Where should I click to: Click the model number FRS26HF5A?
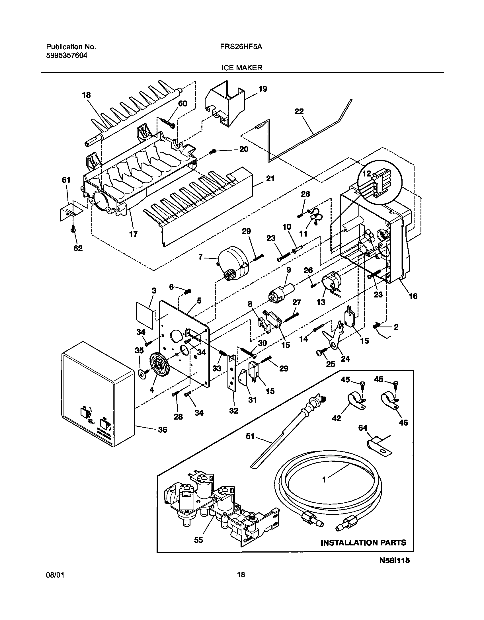coord(241,47)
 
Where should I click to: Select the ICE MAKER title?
coord(241,68)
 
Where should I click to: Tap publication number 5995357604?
coord(67,56)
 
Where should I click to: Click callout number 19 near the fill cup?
coord(262,89)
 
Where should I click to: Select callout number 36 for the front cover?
coord(162,429)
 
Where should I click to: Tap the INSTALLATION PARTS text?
coord(363,543)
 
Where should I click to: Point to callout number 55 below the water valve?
coord(198,540)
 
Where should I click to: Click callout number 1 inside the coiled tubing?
coord(324,480)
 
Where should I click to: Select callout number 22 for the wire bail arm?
coord(299,111)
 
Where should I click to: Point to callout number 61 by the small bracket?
coord(66,180)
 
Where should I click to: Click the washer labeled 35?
coord(141,373)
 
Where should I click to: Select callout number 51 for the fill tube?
coord(250,436)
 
